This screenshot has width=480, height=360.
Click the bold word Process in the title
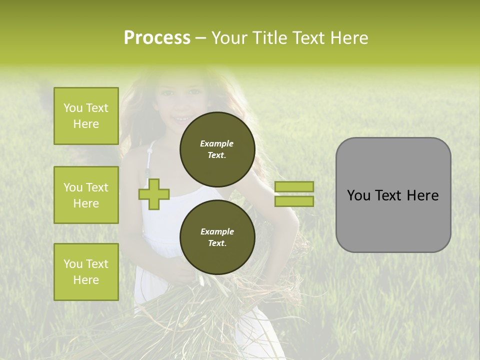(x=157, y=38)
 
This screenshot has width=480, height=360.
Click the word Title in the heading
(x=270, y=38)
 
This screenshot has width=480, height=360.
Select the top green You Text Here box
(x=86, y=116)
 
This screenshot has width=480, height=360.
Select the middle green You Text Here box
(x=86, y=195)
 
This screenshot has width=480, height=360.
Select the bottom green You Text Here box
(x=86, y=272)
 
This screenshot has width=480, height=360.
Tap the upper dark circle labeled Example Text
(x=217, y=149)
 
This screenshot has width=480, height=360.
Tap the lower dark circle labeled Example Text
(x=217, y=237)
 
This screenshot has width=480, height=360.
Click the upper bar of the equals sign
(x=294, y=186)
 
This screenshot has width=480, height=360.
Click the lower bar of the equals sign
(x=294, y=201)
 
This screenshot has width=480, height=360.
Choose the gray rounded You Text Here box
(x=393, y=195)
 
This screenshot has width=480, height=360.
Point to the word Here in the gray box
(x=422, y=195)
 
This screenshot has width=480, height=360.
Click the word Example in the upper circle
(x=216, y=143)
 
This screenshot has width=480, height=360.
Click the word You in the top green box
(x=72, y=108)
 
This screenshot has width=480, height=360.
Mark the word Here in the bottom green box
(x=86, y=280)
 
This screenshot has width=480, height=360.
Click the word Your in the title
(x=228, y=38)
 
